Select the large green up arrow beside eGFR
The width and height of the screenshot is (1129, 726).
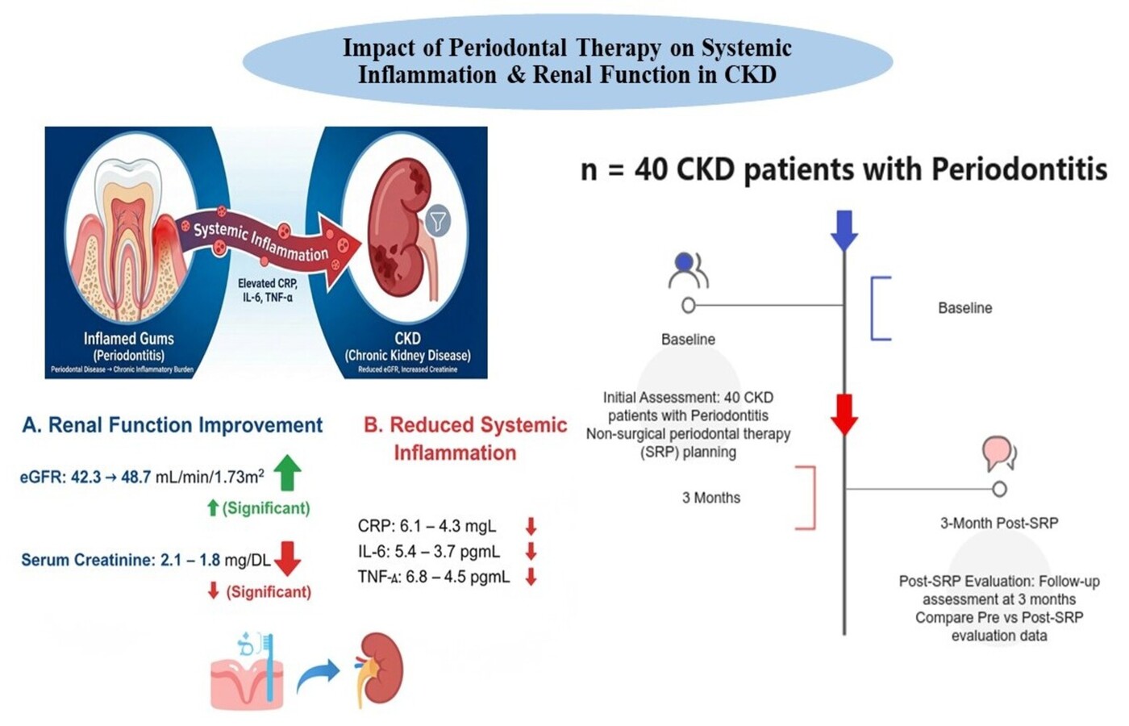tap(288, 473)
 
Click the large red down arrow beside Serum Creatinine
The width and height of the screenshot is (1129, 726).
tap(287, 557)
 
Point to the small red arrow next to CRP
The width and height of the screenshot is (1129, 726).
tap(531, 527)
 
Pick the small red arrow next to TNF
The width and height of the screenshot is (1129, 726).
tap(531, 577)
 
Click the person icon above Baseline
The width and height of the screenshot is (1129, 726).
tap(688, 270)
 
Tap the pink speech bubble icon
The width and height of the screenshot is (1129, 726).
tap(998, 453)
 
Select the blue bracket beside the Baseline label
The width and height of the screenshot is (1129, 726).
tap(880, 308)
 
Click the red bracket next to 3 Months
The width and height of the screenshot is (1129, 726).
tap(806, 498)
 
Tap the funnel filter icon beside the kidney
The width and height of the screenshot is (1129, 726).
tap(438, 220)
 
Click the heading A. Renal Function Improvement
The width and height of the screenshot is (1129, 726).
tap(173, 425)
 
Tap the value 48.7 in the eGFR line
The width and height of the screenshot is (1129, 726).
tap(135, 477)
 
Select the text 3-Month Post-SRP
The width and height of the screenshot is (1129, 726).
tap(998, 523)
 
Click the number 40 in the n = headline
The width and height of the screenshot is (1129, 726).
tap(652, 169)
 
